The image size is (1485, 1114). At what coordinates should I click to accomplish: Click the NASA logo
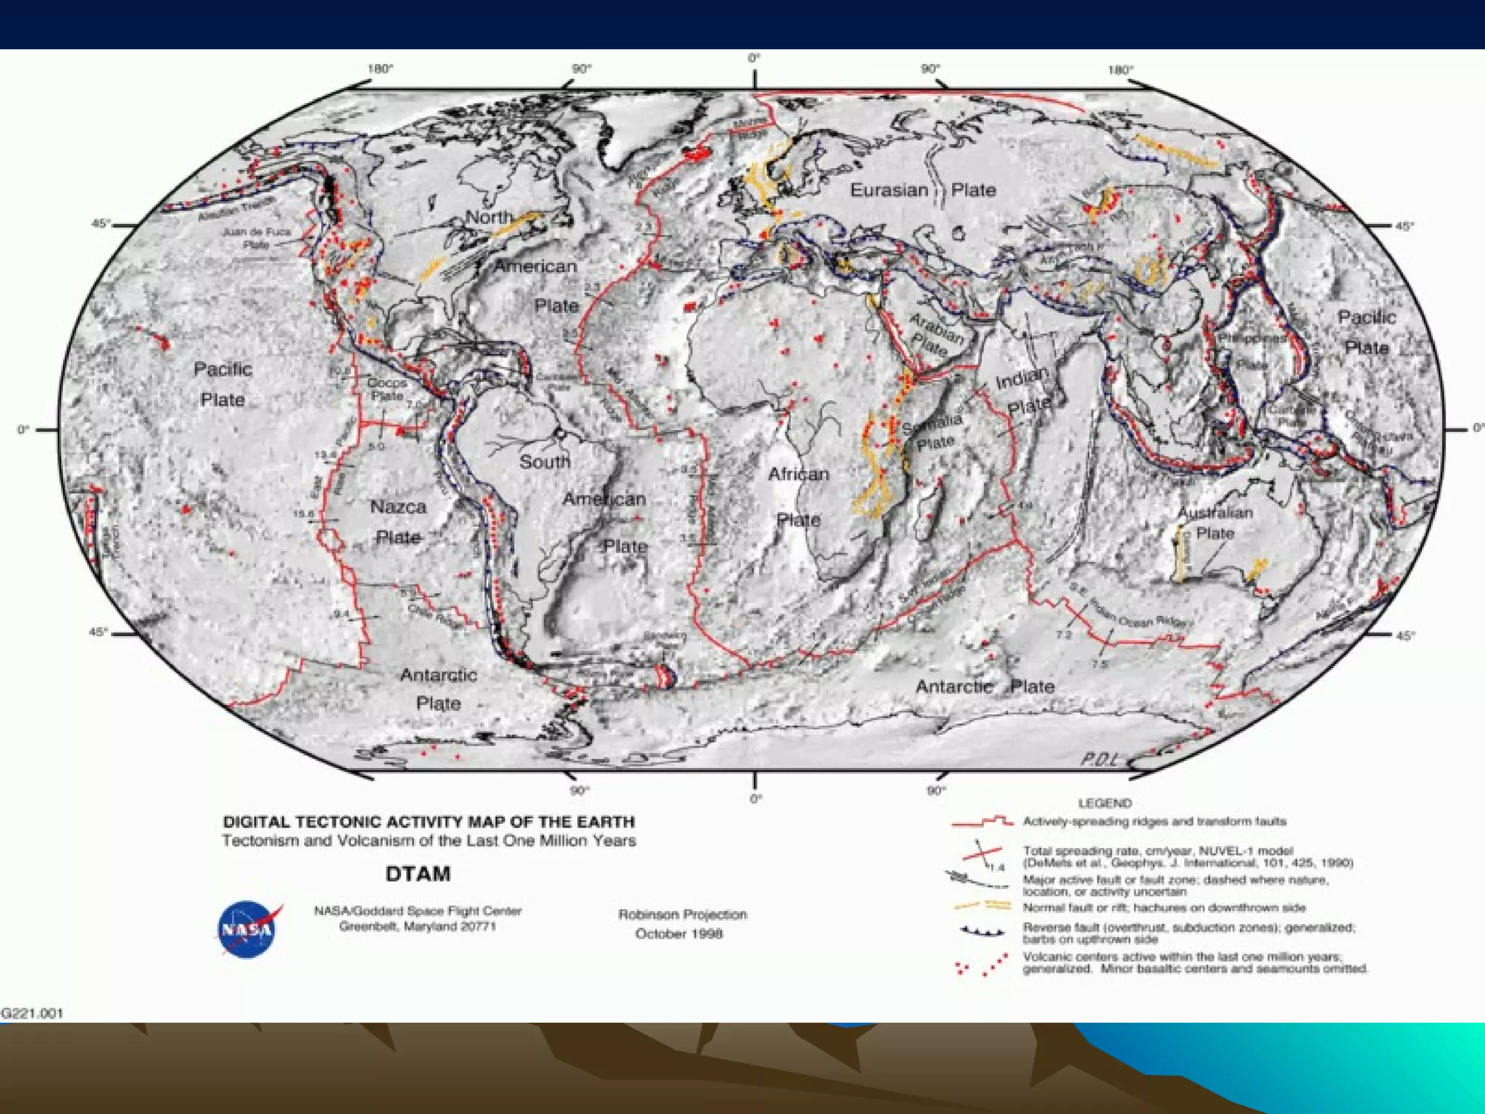click(x=247, y=928)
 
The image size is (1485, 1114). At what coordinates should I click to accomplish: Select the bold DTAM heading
click(x=418, y=874)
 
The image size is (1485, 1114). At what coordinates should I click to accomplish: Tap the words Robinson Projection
click(x=682, y=914)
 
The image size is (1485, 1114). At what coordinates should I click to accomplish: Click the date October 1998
click(x=679, y=933)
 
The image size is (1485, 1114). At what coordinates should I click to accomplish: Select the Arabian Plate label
click(x=933, y=334)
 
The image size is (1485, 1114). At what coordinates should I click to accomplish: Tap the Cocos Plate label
click(x=387, y=389)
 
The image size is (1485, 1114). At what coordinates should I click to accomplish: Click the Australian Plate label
click(x=1215, y=523)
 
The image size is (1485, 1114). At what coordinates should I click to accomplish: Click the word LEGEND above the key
click(x=1104, y=803)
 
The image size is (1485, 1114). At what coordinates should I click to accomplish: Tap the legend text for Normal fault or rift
click(x=1164, y=907)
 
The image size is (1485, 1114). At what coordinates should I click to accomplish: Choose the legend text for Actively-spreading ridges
click(x=1154, y=822)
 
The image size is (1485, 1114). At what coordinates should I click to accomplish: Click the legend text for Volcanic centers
click(x=1194, y=962)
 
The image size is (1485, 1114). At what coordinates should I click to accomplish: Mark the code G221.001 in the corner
click(x=32, y=1013)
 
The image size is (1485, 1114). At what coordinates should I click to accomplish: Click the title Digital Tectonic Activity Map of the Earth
click(x=429, y=822)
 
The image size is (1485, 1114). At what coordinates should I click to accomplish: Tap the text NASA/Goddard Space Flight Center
click(x=418, y=911)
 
